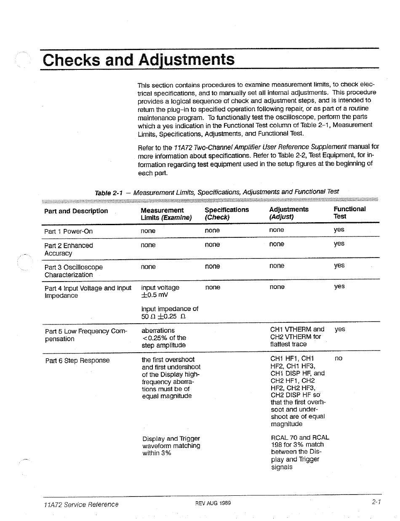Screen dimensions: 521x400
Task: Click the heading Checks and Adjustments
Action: click(x=139, y=59)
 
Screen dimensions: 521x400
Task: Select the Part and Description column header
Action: click(x=76, y=211)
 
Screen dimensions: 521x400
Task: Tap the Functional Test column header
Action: click(x=349, y=213)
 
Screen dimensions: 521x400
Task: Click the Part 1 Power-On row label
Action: click(x=68, y=231)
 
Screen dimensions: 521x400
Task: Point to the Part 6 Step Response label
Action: click(x=77, y=360)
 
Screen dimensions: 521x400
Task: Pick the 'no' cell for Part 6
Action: click(x=338, y=358)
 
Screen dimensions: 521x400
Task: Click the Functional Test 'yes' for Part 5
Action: click(x=339, y=329)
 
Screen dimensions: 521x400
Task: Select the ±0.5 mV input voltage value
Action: click(x=155, y=295)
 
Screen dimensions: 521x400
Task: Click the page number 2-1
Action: click(x=376, y=502)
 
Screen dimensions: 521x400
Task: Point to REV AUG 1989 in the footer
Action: click(x=213, y=503)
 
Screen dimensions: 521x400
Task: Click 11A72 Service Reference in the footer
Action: click(x=81, y=504)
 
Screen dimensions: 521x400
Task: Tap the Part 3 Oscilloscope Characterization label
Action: click(x=73, y=271)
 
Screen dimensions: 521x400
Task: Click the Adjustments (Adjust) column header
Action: click(x=288, y=213)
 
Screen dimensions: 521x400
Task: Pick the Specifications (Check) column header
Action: click(x=227, y=213)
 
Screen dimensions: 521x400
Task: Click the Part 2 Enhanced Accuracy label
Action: click(x=68, y=249)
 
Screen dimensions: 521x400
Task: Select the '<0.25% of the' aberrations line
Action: click(x=164, y=338)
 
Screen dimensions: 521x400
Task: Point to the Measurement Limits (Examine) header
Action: click(x=166, y=213)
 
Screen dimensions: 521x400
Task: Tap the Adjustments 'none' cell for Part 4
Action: click(x=277, y=287)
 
